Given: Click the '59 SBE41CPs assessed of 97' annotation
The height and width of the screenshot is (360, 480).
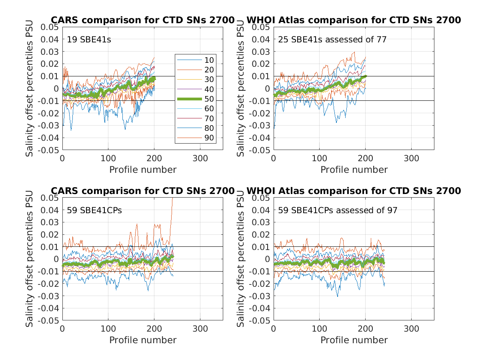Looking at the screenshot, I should tap(338, 210).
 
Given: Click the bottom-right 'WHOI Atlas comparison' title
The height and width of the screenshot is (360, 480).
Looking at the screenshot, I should tap(354, 191).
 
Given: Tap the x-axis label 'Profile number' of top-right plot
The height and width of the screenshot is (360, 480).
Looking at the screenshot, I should tap(354, 170).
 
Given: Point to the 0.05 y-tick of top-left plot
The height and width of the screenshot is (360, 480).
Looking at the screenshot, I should tap(50, 27).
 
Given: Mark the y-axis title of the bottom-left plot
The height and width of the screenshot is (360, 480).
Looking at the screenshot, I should tap(30, 259).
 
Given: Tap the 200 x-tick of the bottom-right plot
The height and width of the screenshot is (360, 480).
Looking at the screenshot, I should tap(365, 329).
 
